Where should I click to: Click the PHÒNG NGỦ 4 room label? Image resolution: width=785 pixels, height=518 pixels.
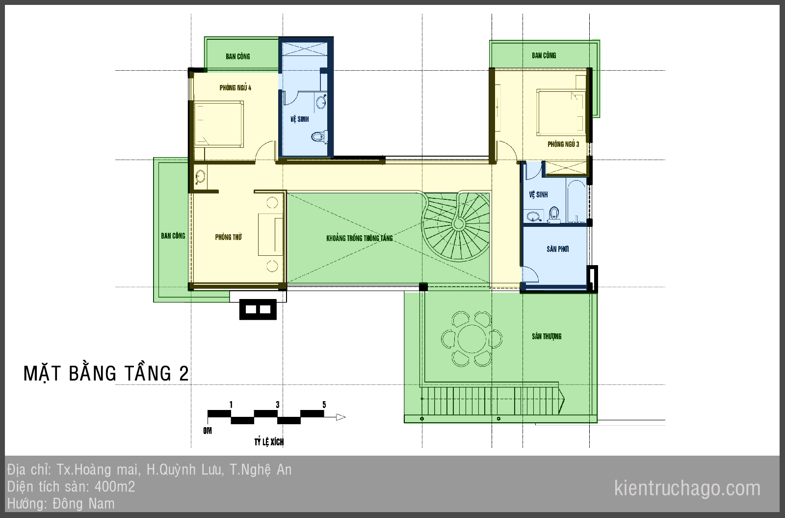[235, 88]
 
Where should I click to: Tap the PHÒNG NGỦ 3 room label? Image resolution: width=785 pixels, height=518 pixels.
[563, 144]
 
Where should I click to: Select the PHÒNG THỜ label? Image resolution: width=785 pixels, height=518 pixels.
[229, 237]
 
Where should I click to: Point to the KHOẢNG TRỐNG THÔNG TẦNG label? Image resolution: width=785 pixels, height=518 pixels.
[360, 238]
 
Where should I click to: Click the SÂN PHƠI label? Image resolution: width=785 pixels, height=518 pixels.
[557, 249]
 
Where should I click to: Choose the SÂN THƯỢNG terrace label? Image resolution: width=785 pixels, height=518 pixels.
[547, 336]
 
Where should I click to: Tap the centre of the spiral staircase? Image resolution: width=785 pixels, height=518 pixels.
[458, 223]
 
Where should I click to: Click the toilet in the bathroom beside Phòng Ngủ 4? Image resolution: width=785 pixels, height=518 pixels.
[319, 136]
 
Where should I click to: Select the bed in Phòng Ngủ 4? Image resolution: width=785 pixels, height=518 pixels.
[219, 124]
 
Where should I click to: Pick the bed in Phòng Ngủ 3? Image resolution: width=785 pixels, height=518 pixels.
[561, 112]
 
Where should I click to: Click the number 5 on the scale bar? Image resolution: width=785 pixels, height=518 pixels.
[324, 405]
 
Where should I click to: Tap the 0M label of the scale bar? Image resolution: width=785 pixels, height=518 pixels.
[208, 431]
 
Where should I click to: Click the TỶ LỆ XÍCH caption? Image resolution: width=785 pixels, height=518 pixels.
[269, 442]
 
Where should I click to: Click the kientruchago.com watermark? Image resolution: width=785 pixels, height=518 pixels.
[687, 488]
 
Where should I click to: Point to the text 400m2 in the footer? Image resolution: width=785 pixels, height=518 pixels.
[115, 487]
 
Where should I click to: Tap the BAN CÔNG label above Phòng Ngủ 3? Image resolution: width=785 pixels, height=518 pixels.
[544, 55]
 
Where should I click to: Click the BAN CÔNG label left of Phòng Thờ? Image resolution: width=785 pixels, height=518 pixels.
[173, 236]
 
